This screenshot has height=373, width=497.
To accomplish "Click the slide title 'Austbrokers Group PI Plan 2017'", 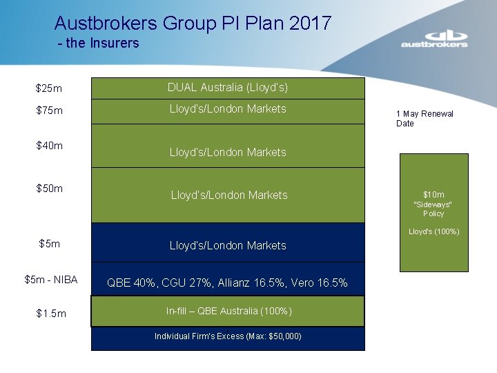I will tap(193, 23).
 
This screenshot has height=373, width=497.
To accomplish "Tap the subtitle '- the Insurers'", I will tap(99, 43).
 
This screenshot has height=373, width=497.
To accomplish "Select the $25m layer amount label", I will tap(48, 88).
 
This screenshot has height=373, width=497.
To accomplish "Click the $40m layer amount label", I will tap(50, 145).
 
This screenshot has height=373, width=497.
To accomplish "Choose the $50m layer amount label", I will tap(50, 188).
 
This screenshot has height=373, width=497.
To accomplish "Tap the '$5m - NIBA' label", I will tap(50, 280).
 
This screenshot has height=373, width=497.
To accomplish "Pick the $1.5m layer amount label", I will tap(51, 314).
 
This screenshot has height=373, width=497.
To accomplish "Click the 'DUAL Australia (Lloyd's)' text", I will tap(228, 88).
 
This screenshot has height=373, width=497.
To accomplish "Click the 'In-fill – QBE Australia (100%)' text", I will tap(228, 312).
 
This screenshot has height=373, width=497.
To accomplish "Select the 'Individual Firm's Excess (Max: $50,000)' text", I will tap(228, 336).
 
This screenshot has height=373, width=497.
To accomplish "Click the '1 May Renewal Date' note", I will tap(425, 118).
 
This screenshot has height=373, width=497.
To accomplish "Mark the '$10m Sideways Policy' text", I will tap(433, 204).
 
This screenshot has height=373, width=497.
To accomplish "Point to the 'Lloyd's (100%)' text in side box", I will tap(433, 231).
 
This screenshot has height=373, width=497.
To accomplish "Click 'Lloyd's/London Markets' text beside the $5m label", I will tap(228, 245).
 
